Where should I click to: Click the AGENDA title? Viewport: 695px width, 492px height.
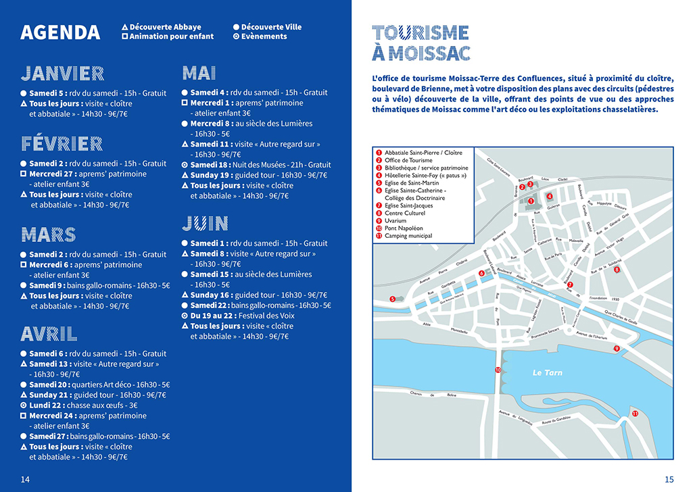pyautogui.click(x=60, y=32)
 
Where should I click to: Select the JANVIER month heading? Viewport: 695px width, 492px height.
pyautogui.click(x=62, y=74)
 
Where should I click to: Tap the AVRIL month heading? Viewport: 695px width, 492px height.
pyautogui.click(x=49, y=334)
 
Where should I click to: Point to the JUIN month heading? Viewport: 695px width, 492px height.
pyautogui.click(x=205, y=224)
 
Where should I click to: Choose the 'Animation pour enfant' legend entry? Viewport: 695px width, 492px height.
pyautogui.click(x=171, y=36)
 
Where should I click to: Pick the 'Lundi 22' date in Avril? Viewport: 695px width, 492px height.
pyautogui.click(x=45, y=405)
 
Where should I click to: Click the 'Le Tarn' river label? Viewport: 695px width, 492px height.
pyautogui.click(x=547, y=372)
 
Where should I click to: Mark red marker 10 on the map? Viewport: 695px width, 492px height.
pyautogui.click(x=498, y=370)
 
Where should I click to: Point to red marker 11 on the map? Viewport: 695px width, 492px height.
pyautogui.click(x=635, y=414)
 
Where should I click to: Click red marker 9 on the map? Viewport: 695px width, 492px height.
pyautogui.click(x=617, y=348)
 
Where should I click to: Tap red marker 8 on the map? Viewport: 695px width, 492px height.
pyautogui.click(x=617, y=270)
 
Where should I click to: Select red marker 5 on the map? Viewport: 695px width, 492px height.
pyautogui.click(x=392, y=299)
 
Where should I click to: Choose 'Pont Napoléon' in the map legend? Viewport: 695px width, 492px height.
pyautogui.click(x=404, y=228)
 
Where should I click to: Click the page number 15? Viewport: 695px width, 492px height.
pyautogui.click(x=669, y=479)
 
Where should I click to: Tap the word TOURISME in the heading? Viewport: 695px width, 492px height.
pyautogui.click(x=421, y=32)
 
